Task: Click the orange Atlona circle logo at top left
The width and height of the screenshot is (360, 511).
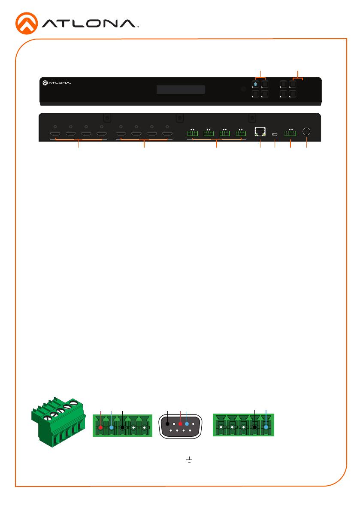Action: [x=27, y=24]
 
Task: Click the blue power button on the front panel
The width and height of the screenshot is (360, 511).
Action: [x=255, y=85]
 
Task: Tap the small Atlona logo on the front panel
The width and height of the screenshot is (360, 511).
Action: [x=57, y=83]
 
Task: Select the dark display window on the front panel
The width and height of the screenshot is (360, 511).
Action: [x=181, y=90]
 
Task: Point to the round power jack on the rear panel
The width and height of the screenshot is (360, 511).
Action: [x=306, y=131]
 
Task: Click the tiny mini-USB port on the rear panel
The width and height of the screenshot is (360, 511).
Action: [x=275, y=134]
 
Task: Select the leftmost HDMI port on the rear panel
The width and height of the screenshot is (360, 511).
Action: [x=54, y=133]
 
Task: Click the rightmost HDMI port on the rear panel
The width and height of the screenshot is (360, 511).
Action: [x=167, y=133]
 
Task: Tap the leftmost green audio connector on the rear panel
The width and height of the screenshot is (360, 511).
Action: [x=193, y=133]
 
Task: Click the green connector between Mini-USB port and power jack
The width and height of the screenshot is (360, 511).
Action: [x=290, y=133]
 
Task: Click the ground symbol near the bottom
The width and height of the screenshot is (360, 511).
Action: [x=189, y=460]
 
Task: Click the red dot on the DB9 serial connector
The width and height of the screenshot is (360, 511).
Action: [x=180, y=424]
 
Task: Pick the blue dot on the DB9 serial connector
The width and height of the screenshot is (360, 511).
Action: [x=187, y=424]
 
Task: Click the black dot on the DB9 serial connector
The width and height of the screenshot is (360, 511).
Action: [x=167, y=424]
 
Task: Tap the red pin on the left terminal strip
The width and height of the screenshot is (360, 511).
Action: [x=101, y=427]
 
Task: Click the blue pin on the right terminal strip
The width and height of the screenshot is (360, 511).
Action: [x=266, y=427]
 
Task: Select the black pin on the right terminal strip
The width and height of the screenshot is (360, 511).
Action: [x=255, y=427]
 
